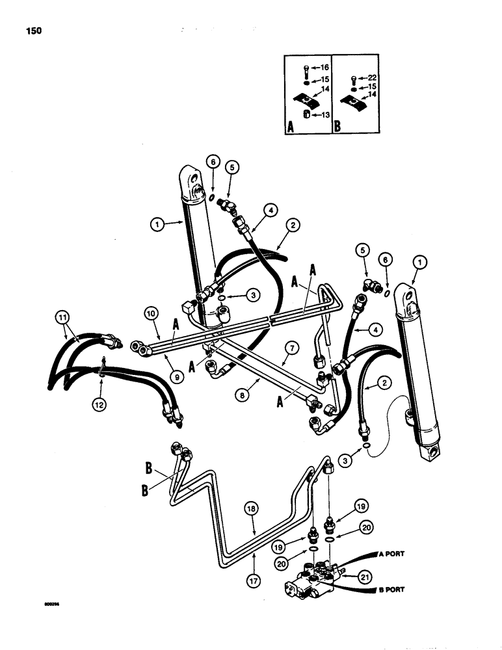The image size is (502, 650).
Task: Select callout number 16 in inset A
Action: coord(324,67)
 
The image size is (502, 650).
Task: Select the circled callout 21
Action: coord(352,575)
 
